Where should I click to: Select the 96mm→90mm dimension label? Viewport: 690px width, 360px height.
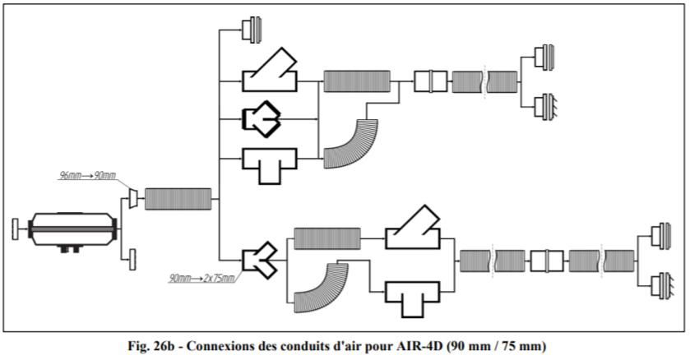[x=88, y=176]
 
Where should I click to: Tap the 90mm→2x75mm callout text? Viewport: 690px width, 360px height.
[x=202, y=278]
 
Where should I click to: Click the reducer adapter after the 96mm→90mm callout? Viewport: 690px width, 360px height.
[x=133, y=198]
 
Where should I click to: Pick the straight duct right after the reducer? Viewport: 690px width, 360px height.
[x=178, y=199]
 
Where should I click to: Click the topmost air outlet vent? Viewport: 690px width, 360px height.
[x=252, y=30]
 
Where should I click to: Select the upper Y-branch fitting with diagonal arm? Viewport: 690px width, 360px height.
[x=269, y=71]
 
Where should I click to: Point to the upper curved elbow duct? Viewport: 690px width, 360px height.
[x=350, y=144]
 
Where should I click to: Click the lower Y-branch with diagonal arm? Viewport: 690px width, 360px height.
[x=412, y=227]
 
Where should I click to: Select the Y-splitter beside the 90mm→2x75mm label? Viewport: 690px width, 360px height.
[x=260, y=261]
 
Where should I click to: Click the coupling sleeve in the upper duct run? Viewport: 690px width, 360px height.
[x=430, y=81]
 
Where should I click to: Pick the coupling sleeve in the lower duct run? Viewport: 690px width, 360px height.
[x=547, y=261]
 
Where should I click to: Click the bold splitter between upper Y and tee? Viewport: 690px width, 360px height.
[x=262, y=119]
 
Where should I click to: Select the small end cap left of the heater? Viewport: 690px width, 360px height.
[x=16, y=229]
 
